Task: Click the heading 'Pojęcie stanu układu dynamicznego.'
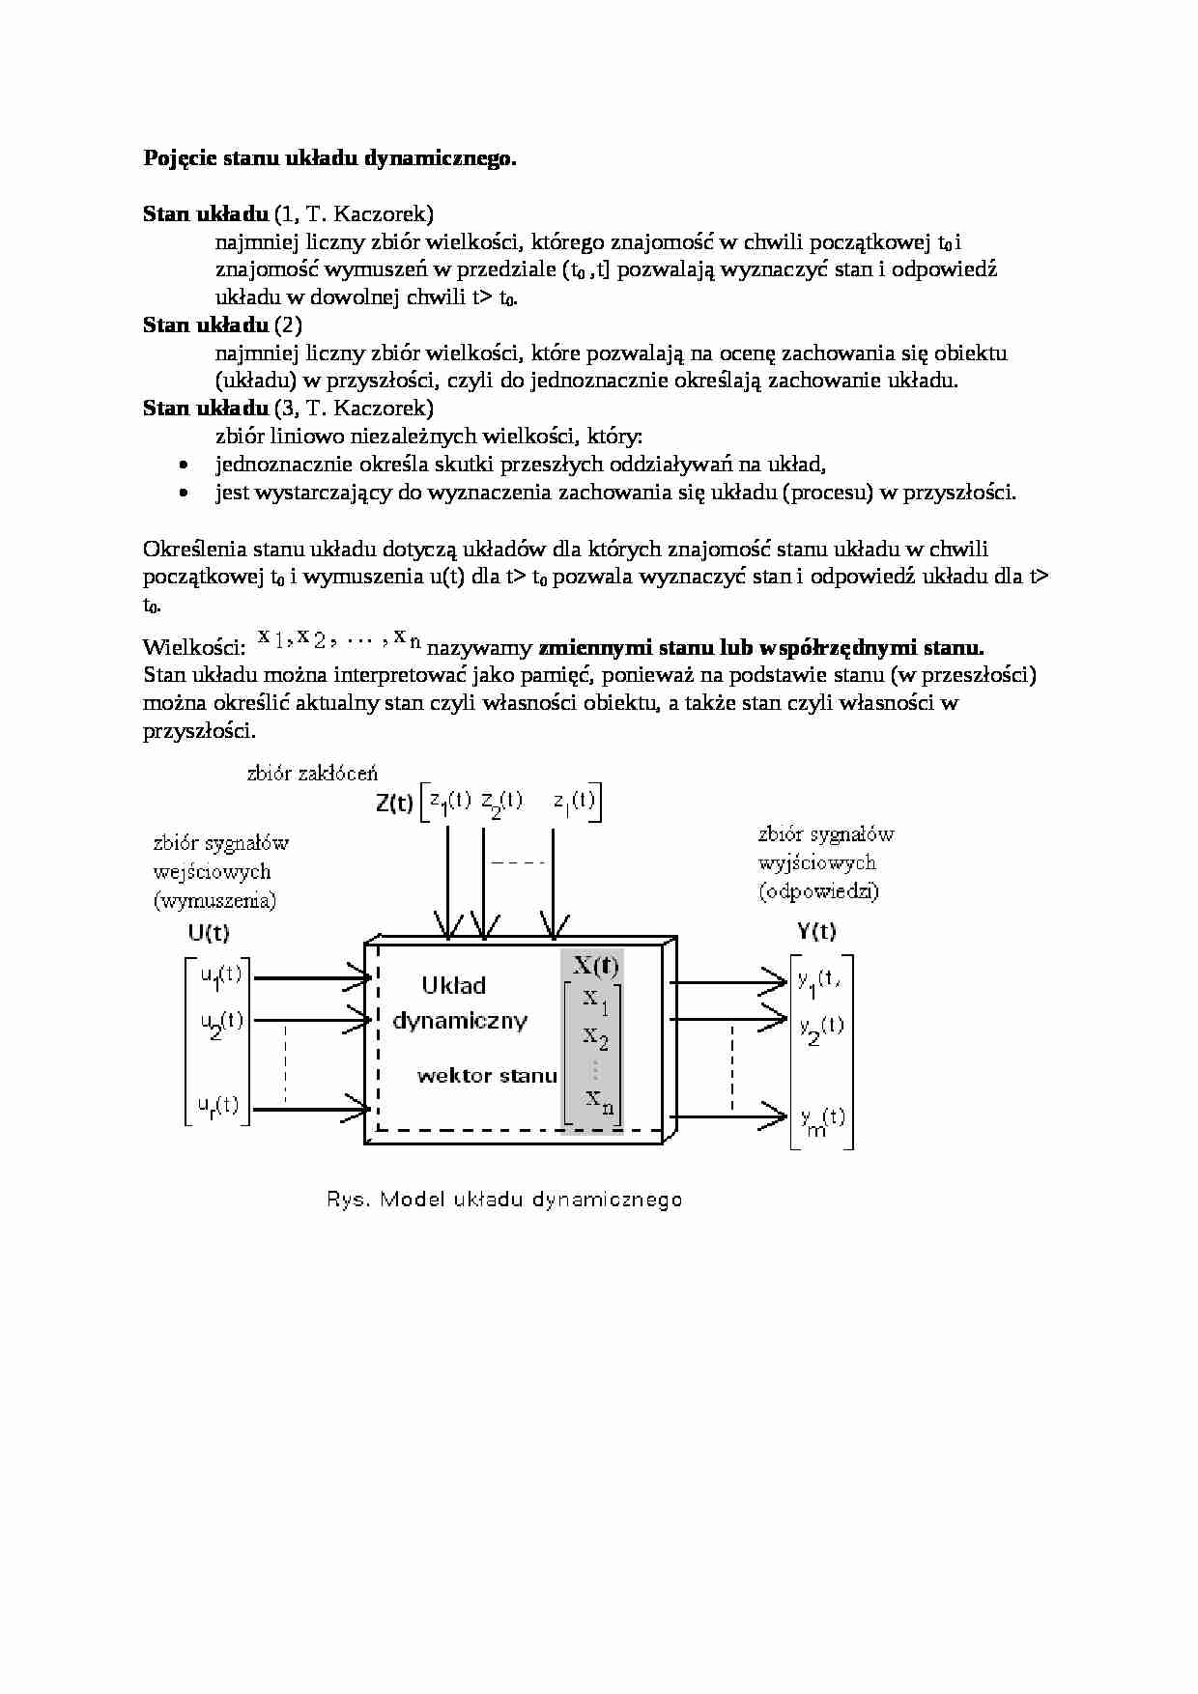pos(329,158)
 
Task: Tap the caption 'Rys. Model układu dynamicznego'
pos(503,1200)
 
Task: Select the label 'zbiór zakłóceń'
pos(312,773)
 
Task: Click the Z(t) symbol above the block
pos(394,804)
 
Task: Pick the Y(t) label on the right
pos(816,931)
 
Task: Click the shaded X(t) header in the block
pos(595,965)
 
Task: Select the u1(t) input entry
pos(220,976)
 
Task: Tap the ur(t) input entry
pos(218,1105)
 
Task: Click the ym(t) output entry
pos(821,1120)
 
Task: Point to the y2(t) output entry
pos(821,1029)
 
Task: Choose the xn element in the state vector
pos(599,1100)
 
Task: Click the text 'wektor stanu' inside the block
pos(487,1076)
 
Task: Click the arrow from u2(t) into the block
pos(311,1019)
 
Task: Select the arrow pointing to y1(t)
pos(729,981)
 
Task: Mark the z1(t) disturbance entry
pos(450,803)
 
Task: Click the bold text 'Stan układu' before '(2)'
pos(205,325)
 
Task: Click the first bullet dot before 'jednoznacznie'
pos(184,466)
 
